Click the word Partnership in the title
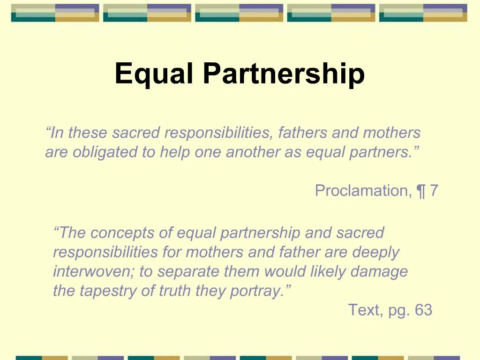[x=284, y=74]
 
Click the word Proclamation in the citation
[x=360, y=191]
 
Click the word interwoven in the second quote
[x=94, y=271]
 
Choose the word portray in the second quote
[x=257, y=291]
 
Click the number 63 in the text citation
[x=423, y=310]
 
